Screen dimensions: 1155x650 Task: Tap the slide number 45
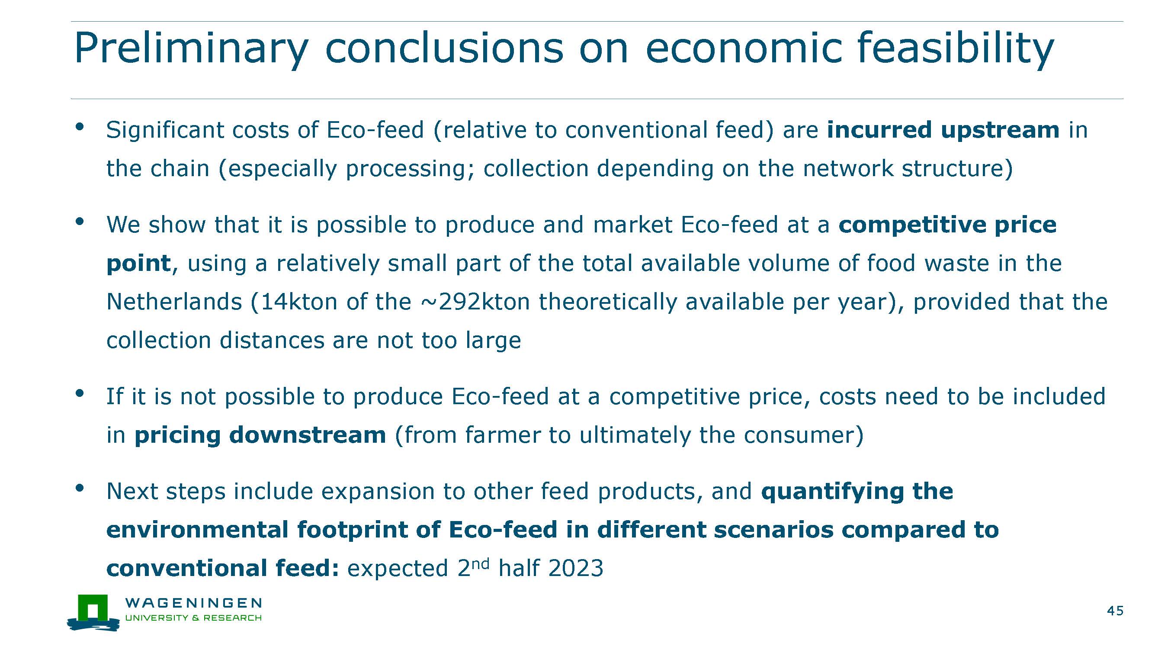click(1116, 611)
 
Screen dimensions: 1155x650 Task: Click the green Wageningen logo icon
click(93, 613)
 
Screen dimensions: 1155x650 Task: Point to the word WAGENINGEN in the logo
click(193, 603)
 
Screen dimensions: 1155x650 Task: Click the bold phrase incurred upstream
click(943, 131)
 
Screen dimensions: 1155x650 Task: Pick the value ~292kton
click(476, 302)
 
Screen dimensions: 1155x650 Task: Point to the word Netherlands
click(174, 302)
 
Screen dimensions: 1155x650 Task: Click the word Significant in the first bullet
click(165, 131)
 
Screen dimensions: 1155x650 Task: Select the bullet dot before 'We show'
click(80, 221)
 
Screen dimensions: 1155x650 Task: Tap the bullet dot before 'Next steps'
click(80, 488)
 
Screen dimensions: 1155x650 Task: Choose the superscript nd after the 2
click(480, 563)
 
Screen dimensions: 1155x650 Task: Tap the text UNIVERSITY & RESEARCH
click(193, 618)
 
